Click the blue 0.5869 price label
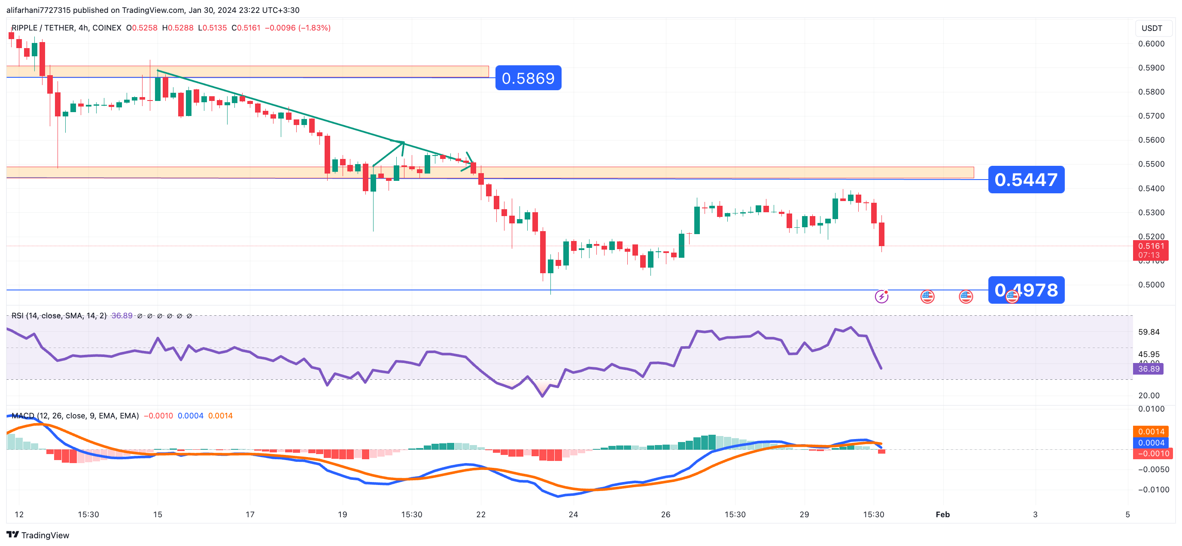[x=528, y=78]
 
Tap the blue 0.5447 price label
[x=1026, y=180]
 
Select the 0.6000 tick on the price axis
[x=1151, y=44]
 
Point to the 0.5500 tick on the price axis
[x=1151, y=164]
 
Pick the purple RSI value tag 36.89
[x=1148, y=369]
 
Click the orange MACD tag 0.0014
[x=1151, y=432]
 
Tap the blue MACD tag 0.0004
[x=1151, y=442]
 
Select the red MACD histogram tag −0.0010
[x=1152, y=454]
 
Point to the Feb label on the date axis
[x=942, y=514]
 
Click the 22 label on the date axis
[x=480, y=514]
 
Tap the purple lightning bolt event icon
[x=881, y=297]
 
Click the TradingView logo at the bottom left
[x=38, y=535]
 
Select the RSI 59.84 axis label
[x=1149, y=332]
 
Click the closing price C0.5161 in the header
[x=246, y=28]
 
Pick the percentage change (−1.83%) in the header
[x=314, y=28]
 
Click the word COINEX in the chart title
[x=106, y=28]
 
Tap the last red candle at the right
[x=881, y=234]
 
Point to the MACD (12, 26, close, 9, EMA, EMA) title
[x=75, y=415]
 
